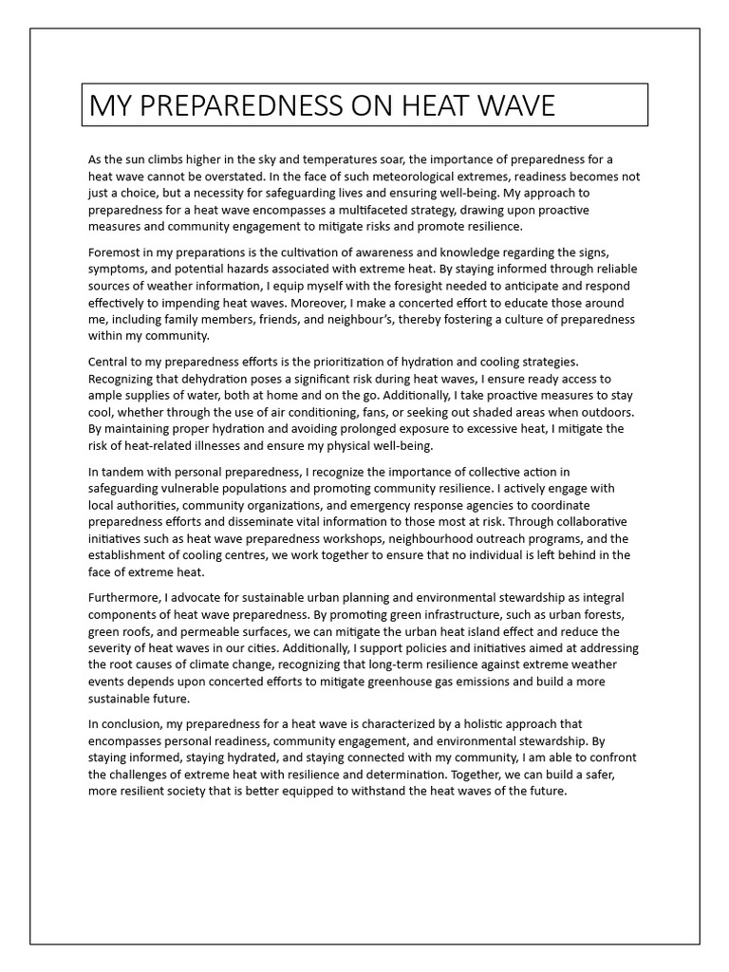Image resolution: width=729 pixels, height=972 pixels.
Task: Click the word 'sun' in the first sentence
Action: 142,160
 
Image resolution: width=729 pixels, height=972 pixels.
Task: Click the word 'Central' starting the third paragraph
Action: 110,362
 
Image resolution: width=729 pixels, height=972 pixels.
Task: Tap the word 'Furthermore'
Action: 124,598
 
